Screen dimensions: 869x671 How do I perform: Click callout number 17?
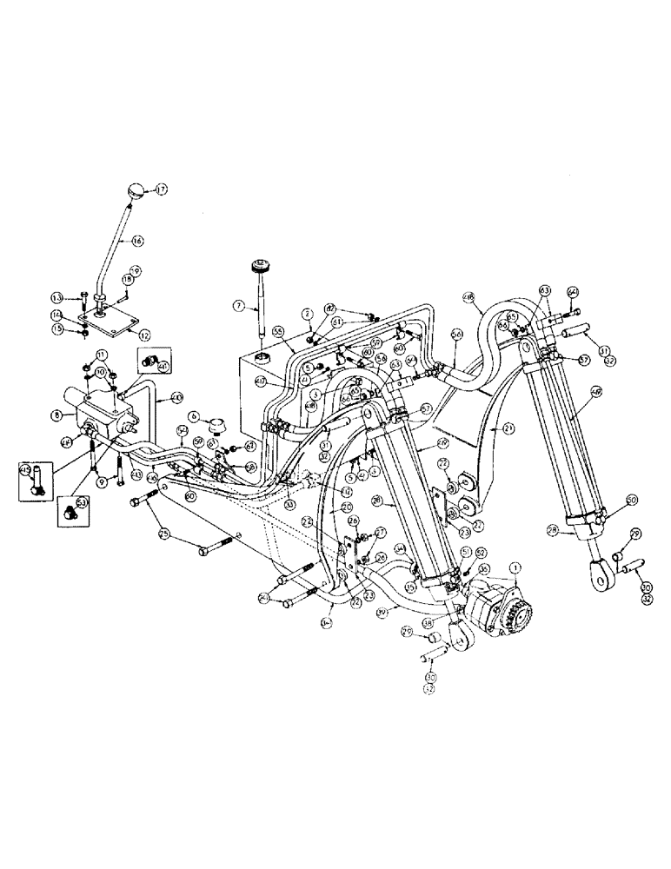(162, 189)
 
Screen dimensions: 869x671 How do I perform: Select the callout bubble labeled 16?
(137, 242)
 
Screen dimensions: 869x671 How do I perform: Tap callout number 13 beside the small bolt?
(81, 295)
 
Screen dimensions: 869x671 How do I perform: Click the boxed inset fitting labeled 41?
(148, 361)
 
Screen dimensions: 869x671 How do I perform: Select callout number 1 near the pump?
(516, 566)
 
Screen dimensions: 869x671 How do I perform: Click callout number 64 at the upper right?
(573, 291)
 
